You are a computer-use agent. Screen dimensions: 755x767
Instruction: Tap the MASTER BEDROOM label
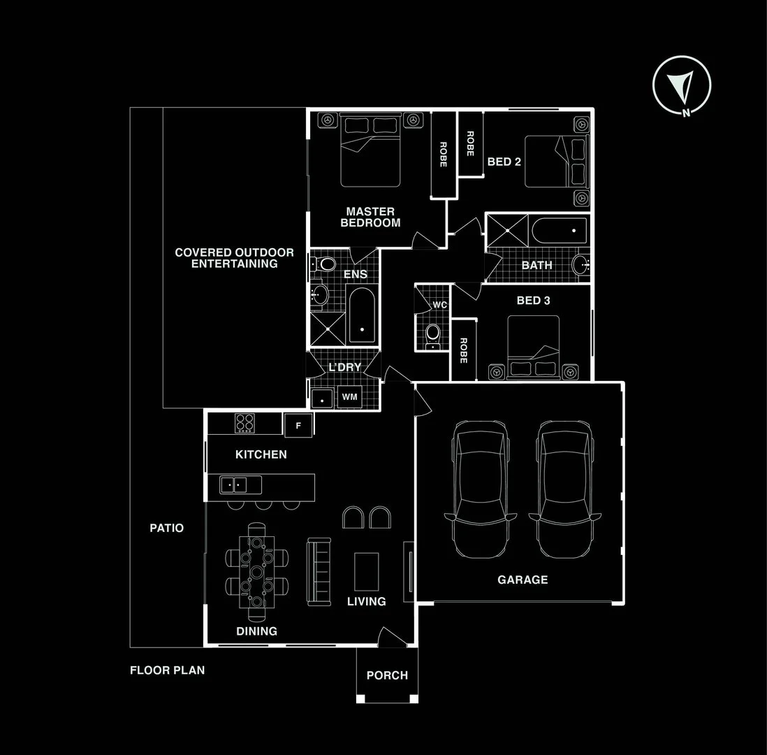point(370,217)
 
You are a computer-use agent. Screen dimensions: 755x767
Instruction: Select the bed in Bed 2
point(555,161)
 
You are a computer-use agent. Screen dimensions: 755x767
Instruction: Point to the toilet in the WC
point(433,332)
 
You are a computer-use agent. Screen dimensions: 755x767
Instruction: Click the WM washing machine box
point(349,397)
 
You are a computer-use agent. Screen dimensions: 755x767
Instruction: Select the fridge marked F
point(298,424)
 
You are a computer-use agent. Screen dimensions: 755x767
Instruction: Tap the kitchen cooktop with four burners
point(244,423)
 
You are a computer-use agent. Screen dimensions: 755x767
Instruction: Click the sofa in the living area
point(319,572)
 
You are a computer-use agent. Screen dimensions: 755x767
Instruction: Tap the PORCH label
point(387,675)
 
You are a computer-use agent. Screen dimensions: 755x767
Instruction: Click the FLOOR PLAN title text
point(167,670)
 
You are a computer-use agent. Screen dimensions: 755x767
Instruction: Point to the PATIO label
point(167,528)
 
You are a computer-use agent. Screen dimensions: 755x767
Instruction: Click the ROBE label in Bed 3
point(462,351)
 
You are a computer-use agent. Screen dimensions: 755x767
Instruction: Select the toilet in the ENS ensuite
point(326,264)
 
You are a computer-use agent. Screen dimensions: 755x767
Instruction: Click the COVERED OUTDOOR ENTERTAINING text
point(234,258)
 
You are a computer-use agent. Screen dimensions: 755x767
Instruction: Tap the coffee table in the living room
point(367,571)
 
